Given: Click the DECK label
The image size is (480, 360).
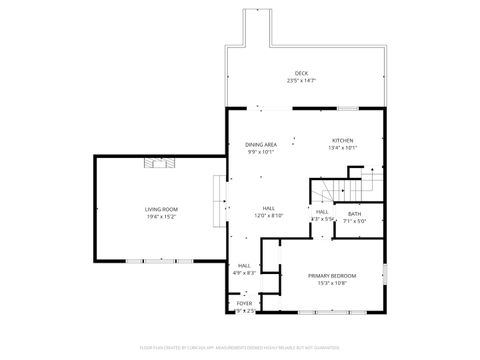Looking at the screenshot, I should coord(301,73).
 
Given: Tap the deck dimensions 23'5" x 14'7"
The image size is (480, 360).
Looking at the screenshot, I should coord(301,81).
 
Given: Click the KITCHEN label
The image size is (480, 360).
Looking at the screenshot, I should coord(343,140).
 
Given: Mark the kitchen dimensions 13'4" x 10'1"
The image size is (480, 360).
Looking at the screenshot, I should coord(343,148).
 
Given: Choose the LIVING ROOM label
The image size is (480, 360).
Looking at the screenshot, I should coord(161,209).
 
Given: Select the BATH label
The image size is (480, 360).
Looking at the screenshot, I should coord(355,213).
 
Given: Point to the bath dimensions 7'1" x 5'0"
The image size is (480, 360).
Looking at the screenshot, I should coord(355,221).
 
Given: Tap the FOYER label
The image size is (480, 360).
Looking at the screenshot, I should coord(245,303).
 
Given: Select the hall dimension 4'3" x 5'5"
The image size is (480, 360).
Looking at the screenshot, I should coord(323,219).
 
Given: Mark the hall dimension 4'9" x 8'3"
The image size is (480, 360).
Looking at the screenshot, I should coord(245,272).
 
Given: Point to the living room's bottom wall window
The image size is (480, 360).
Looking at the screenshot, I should coord(160,260).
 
